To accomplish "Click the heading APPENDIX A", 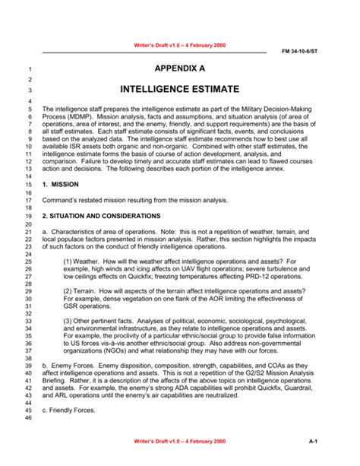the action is click(x=179, y=68).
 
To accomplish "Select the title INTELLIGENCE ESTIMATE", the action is click(x=179, y=89).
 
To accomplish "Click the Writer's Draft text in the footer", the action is click(x=180, y=441).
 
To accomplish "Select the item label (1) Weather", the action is click(x=83, y=261).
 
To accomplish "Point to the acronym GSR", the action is click(x=71, y=309).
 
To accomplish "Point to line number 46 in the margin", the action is click(x=28, y=418).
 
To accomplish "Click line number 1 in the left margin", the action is click(x=30, y=69).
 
